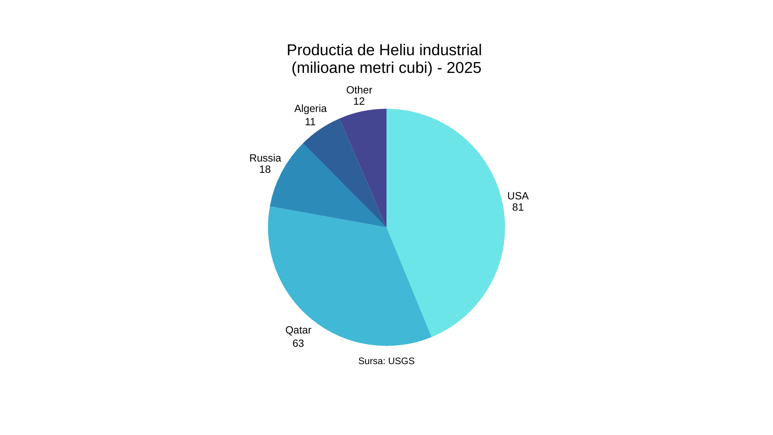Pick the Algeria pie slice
[342, 153]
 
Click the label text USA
[518, 196]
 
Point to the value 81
[518, 207]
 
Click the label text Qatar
[298, 330]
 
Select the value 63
[298, 344]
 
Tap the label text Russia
[265, 158]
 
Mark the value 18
[265, 170]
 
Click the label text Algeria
[310, 109]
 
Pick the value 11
[310, 122]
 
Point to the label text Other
[359, 90]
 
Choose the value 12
[359, 101]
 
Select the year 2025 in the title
[464, 68]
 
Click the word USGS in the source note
[401, 361]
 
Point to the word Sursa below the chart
[371, 361]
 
